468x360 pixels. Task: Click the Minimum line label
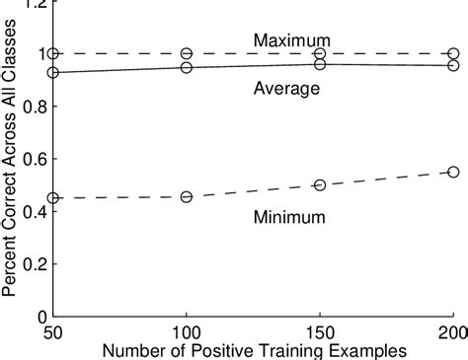click(x=286, y=214)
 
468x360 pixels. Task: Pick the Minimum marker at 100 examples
click(x=187, y=197)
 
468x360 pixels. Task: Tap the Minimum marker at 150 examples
click(x=320, y=185)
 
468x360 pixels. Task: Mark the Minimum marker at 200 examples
click(x=453, y=172)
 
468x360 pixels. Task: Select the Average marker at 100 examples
click(x=187, y=67)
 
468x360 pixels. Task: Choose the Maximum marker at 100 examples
click(x=187, y=53)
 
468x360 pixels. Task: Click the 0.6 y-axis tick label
click(x=35, y=160)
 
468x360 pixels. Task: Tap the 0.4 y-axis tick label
click(x=35, y=212)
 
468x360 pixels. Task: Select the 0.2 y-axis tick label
click(x=35, y=264)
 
